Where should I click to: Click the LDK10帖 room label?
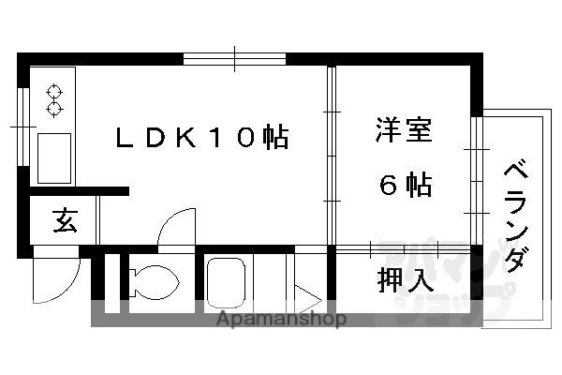200,139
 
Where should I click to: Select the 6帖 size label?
405,185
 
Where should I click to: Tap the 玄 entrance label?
63,222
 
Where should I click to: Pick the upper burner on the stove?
53,92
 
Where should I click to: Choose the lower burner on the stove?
53,109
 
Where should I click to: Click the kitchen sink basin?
54,157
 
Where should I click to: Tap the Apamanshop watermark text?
282,319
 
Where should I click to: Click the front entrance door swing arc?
58,276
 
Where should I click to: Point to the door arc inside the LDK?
175,229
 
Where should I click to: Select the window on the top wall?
234,59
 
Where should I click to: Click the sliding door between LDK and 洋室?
330,155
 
